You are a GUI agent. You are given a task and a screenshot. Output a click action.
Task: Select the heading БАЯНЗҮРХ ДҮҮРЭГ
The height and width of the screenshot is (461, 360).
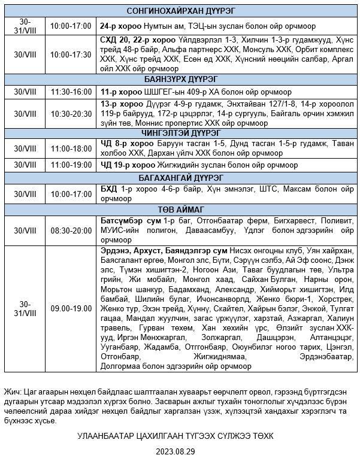pos(180,79)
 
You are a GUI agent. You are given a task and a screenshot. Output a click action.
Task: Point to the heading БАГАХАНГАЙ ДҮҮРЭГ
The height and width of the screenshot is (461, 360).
pos(180,178)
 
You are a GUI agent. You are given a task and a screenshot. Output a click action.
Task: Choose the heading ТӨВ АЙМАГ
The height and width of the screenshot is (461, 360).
pos(180,210)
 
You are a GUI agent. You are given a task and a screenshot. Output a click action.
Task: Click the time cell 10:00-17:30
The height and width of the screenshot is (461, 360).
pos(71,54)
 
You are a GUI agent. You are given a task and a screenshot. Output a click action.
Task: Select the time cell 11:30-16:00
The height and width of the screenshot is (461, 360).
pos(71,92)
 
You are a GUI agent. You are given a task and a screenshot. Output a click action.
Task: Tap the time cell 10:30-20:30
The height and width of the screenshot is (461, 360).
pos(71,114)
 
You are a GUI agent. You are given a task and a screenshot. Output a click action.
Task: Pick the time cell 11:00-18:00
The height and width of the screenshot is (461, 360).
pos(71,148)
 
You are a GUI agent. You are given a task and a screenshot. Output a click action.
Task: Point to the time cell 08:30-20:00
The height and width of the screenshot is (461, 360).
pos(71,230)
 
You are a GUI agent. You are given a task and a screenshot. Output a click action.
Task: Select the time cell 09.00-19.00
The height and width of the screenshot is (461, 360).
pos(71,308)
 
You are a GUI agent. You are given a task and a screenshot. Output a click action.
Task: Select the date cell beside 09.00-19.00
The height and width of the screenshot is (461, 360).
pos(25,308)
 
